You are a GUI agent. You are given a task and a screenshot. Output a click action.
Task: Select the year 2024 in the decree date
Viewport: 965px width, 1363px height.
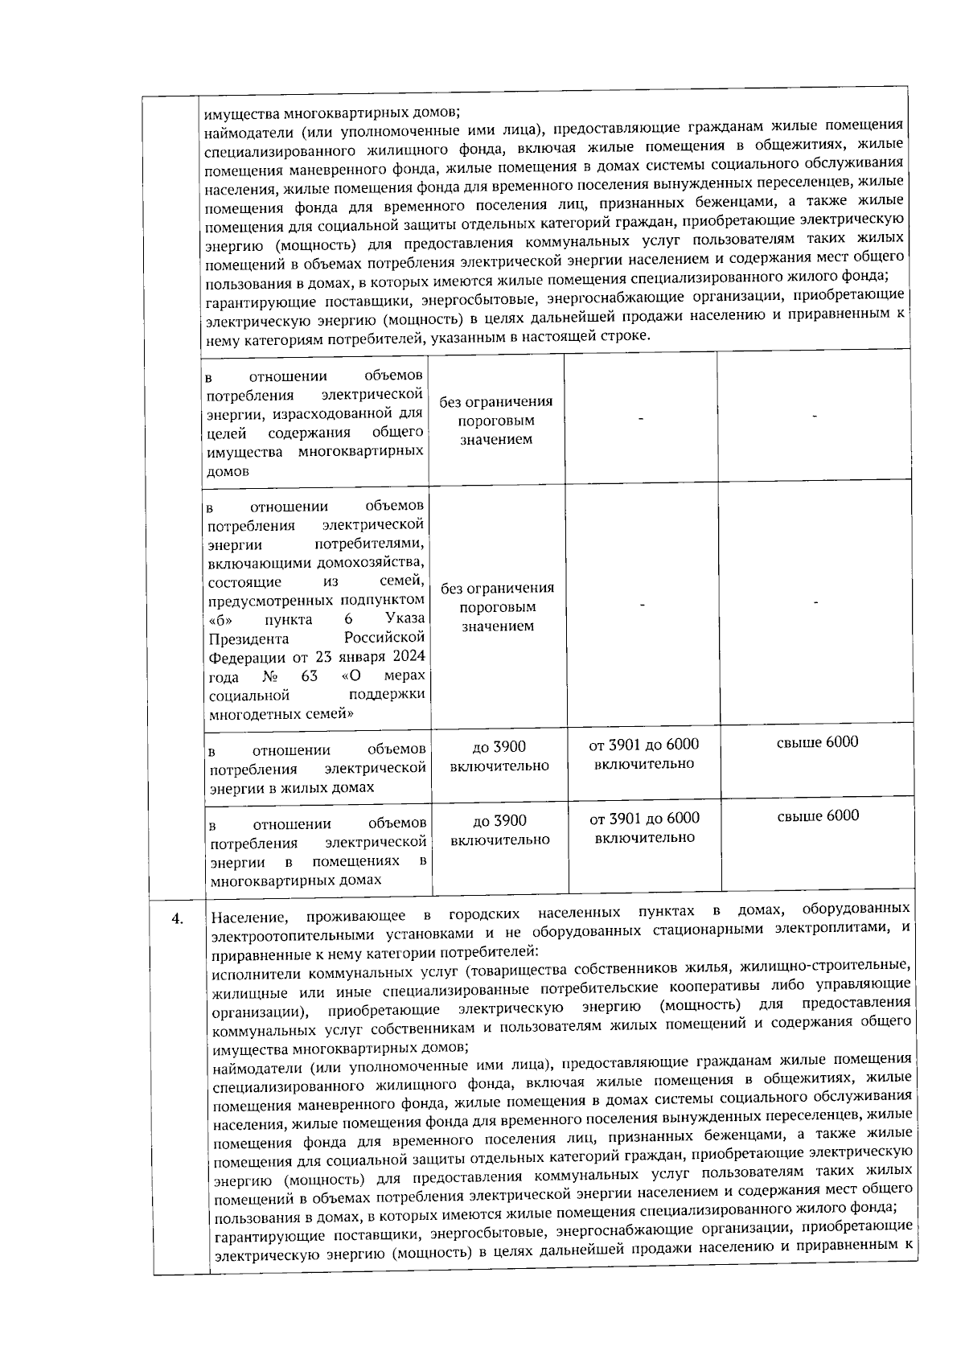point(409,658)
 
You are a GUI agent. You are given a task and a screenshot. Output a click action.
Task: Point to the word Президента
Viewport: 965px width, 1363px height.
point(248,639)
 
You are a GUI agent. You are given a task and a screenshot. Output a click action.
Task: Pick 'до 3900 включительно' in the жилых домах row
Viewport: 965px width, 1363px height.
point(499,756)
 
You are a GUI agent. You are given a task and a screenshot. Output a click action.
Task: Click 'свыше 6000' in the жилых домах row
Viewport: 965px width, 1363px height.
point(817,741)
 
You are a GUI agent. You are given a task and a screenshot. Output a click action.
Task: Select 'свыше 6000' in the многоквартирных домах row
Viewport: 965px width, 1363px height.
point(818,816)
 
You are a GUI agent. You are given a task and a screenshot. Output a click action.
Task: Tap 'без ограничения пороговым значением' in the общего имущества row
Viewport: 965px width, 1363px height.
point(496,421)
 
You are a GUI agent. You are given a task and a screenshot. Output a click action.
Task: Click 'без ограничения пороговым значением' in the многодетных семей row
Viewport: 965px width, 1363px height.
point(498,607)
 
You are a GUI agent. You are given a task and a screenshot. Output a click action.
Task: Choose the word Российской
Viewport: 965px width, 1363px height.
point(384,638)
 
